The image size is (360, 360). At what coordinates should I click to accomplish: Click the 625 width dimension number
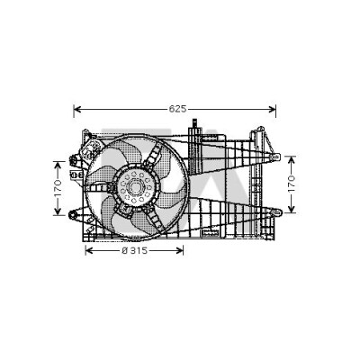tap(177, 109)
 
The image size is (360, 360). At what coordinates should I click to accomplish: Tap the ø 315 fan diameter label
tap(135, 250)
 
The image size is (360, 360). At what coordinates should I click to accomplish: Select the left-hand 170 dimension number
tap(58, 188)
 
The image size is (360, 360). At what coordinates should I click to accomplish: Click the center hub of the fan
tap(135, 187)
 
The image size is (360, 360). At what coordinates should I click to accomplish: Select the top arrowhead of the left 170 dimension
tap(58, 165)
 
